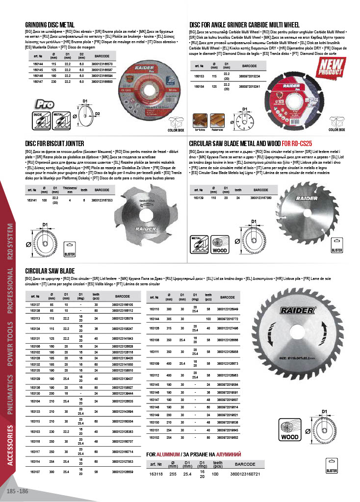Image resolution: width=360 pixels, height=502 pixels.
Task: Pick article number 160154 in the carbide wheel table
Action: point(199,86)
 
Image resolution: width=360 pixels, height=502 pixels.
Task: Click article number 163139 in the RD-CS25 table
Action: point(199,198)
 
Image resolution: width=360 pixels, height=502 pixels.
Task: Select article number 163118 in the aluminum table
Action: point(156,473)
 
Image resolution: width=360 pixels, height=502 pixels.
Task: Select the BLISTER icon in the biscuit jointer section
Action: point(70,251)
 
